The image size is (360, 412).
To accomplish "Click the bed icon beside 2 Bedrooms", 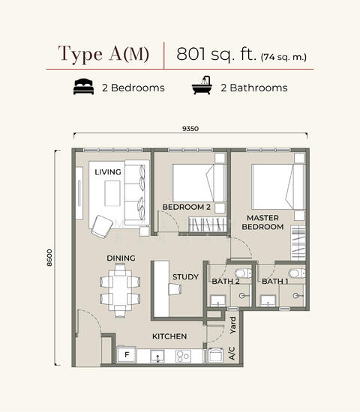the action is click(84, 86).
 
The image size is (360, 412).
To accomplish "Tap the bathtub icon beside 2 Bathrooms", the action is click(202, 85).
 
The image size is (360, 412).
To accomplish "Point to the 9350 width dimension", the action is click(190, 129).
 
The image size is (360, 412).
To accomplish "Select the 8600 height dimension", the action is click(49, 258).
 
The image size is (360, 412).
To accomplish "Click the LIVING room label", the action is click(108, 172).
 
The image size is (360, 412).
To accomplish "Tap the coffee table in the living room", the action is click(112, 193).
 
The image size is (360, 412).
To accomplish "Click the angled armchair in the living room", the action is click(102, 227).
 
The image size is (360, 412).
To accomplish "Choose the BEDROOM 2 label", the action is click(186, 207).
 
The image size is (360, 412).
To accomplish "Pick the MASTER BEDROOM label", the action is click(262, 222).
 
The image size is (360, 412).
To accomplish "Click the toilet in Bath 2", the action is click(243, 273).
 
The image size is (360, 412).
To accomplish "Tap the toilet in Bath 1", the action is click(296, 273).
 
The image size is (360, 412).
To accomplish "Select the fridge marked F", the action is click(127, 355).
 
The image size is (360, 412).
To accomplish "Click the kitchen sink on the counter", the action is click(157, 357).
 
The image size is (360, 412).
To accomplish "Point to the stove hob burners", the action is click(183, 357).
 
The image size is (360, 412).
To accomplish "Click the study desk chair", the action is click(175, 289).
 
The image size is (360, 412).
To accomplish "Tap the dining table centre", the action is click(120, 291).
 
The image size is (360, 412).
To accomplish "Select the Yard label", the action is click(233, 325).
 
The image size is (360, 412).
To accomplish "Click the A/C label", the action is click(232, 354).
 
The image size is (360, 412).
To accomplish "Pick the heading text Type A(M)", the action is click(103, 54).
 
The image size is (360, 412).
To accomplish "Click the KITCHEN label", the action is click(169, 336).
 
